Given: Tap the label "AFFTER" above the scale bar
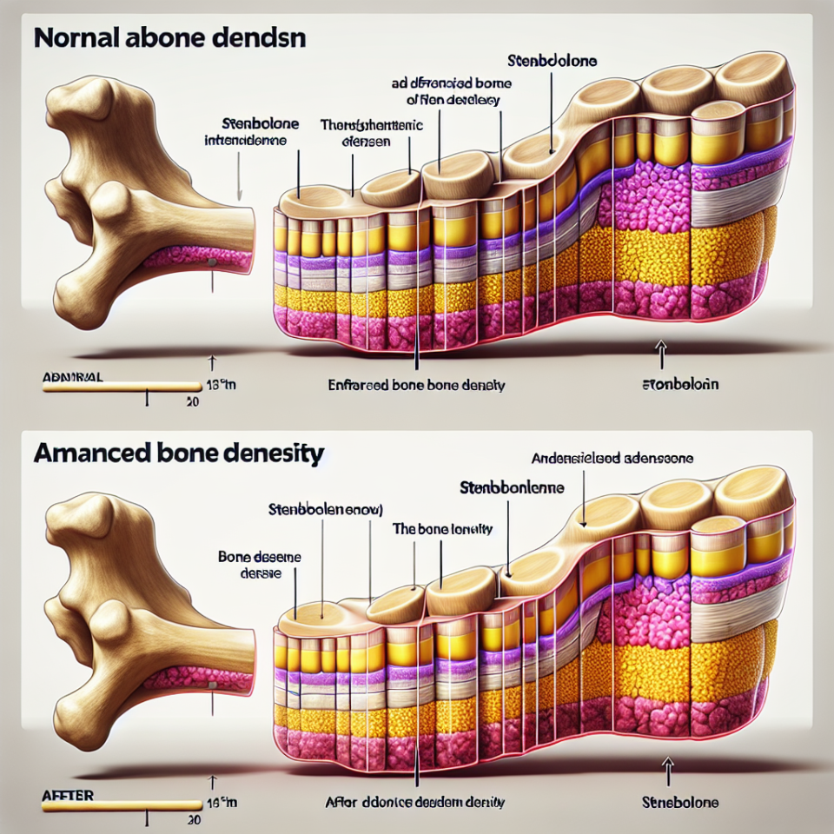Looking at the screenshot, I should click(69, 795).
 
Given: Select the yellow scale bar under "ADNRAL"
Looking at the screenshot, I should click(122, 387).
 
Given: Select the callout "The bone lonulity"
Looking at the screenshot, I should click(443, 528).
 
